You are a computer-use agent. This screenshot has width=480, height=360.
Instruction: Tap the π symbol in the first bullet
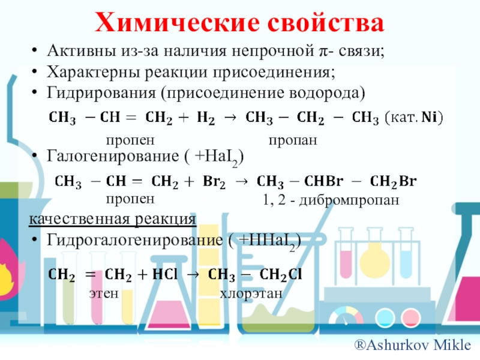[322, 52]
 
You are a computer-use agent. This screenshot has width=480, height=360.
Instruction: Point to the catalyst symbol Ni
[431, 118]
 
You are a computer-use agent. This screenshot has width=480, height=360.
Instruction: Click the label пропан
[292, 139]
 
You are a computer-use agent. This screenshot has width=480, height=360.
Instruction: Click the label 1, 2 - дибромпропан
[331, 201]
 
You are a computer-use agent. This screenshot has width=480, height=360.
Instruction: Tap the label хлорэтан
[250, 294]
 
